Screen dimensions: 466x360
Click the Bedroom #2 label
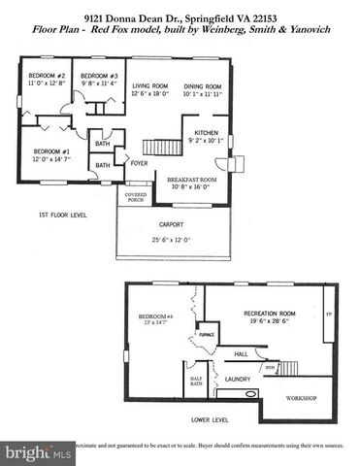click(x=46, y=76)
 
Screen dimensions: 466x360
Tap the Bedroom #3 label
click(x=99, y=76)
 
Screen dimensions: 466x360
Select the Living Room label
click(x=150, y=86)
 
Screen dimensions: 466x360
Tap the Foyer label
click(x=140, y=163)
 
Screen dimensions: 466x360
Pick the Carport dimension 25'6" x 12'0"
click(x=171, y=239)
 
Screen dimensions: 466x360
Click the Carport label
click(x=171, y=223)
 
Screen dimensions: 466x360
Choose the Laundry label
click(x=239, y=379)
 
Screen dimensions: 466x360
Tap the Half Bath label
click(x=195, y=381)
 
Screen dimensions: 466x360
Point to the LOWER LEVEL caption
click(x=209, y=420)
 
